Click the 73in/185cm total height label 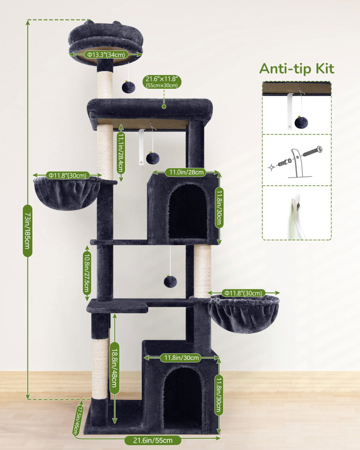tap(28, 231)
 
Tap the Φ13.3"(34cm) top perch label tap(106, 54)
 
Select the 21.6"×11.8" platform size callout tap(162, 82)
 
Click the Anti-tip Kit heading tap(297, 69)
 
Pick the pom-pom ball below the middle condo tap(171, 281)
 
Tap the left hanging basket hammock tap(66, 193)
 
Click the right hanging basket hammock tap(244, 314)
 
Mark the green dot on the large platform tap(164, 107)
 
